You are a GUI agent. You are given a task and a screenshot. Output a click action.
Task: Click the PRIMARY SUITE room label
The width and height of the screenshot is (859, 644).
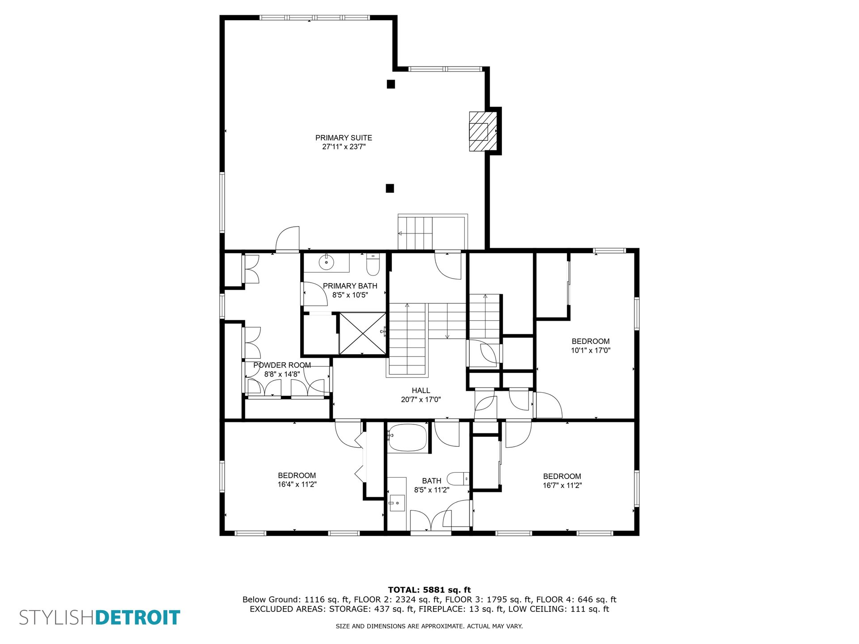tap(344, 138)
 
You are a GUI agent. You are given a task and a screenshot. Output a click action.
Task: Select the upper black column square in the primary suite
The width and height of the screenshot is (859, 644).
tap(391, 84)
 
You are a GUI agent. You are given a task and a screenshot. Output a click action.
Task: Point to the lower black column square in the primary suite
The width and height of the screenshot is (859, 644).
tap(390, 188)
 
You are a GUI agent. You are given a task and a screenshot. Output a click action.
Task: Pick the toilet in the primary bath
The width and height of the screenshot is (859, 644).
tap(373, 264)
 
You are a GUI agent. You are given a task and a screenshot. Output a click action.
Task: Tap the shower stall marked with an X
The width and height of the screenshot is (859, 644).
tap(362, 333)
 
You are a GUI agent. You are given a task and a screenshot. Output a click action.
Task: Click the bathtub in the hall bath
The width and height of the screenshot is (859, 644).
tap(407, 437)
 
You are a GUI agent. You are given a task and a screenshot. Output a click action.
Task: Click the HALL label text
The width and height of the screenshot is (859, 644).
tap(421, 390)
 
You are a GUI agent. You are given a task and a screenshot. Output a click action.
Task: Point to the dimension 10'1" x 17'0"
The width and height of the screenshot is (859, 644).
tap(591, 350)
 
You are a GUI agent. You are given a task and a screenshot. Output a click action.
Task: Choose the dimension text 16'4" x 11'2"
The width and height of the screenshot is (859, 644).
tap(297, 484)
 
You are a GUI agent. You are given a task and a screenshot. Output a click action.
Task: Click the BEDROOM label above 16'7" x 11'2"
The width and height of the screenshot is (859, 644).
tap(562, 476)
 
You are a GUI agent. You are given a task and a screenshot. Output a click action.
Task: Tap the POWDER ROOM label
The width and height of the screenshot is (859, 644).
tap(282, 365)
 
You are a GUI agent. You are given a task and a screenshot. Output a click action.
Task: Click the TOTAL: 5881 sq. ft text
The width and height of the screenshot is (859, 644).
tap(429, 590)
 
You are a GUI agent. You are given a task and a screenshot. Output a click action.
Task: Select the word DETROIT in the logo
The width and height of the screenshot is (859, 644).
tap(138, 617)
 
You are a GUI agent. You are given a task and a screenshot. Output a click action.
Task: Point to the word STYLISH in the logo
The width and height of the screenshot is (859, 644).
tap(57, 617)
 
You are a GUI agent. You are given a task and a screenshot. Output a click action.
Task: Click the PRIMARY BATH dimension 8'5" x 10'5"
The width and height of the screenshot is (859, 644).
tap(350, 295)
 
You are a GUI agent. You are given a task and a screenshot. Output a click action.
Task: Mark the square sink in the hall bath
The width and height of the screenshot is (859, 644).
tap(397, 503)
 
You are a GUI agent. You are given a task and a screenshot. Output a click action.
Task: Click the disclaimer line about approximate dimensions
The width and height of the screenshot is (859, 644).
tap(429, 626)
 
